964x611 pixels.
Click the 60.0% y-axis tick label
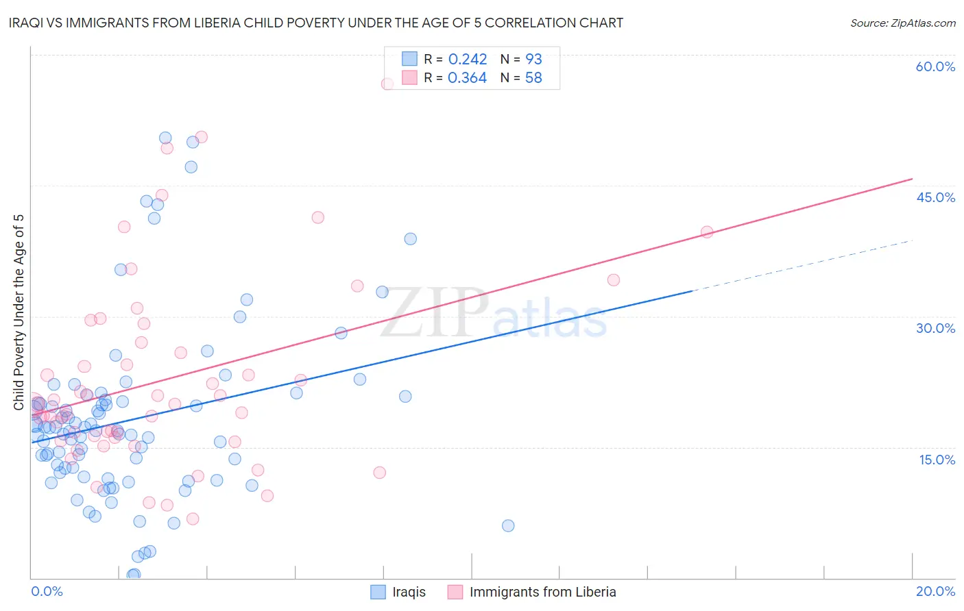click(935, 66)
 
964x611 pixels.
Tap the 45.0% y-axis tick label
click(935, 197)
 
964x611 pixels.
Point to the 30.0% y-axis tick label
click(935, 328)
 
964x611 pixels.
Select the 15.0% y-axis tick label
click(937, 460)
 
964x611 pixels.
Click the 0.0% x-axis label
click(47, 591)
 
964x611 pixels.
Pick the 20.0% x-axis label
click(935, 591)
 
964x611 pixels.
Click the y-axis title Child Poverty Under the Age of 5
click(19, 312)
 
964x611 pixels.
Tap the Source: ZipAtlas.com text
click(902, 23)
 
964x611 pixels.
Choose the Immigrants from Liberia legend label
click(542, 592)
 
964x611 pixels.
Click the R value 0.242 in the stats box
click(468, 60)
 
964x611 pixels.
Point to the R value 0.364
click(467, 78)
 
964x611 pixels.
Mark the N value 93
click(533, 60)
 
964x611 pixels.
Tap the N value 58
click(533, 78)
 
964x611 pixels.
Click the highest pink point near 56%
click(387, 84)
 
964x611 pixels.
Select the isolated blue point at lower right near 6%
click(508, 526)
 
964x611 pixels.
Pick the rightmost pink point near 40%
click(707, 232)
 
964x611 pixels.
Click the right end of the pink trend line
click(912, 179)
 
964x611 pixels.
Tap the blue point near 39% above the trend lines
click(410, 239)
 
